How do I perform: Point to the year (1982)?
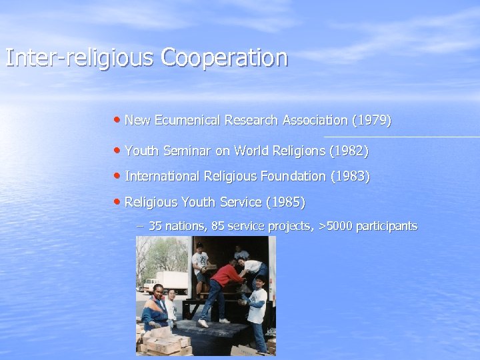coord(349,151)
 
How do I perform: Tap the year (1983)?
coord(350,177)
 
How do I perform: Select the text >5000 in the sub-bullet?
coord(335,227)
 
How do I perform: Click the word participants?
coord(387,227)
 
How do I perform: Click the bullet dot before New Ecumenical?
coord(117,121)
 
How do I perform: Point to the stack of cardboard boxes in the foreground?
coord(163,340)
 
